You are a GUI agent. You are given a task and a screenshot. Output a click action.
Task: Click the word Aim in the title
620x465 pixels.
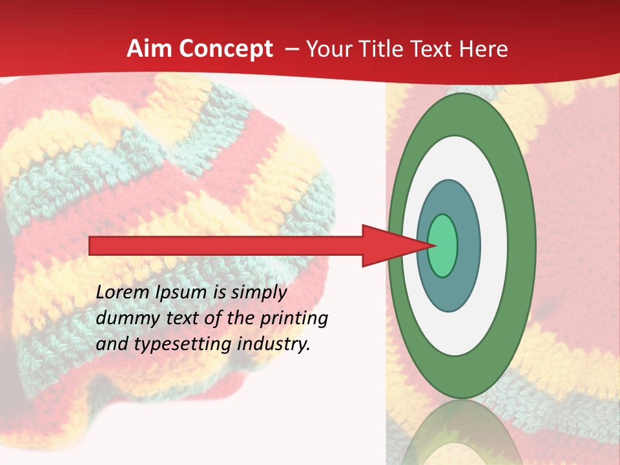(x=149, y=48)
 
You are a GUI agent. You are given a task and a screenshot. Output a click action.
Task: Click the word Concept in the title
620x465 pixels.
(x=225, y=49)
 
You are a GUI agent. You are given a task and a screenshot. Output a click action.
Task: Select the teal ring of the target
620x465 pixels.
(x=468, y=245)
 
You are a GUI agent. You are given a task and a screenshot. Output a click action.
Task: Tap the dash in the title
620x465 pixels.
(x=291, y=49)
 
